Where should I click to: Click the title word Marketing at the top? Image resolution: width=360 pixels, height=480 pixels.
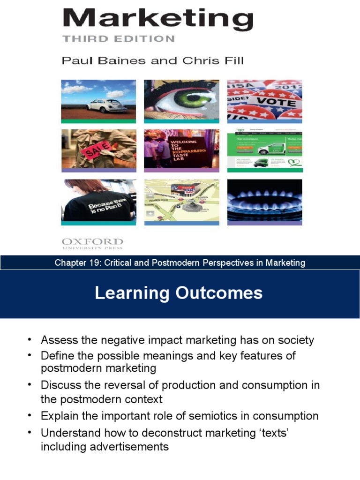158,21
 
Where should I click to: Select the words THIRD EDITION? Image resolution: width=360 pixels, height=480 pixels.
119,39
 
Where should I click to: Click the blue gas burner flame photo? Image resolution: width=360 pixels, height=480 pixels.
264,200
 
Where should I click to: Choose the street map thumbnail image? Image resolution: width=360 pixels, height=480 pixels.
181,200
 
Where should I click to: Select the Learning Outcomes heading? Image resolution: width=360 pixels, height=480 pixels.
179,293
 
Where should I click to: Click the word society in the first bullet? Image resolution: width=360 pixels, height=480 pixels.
295,340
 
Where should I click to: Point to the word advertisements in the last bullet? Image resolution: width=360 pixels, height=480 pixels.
105,446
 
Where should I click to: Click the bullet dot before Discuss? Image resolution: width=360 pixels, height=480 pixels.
30,385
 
